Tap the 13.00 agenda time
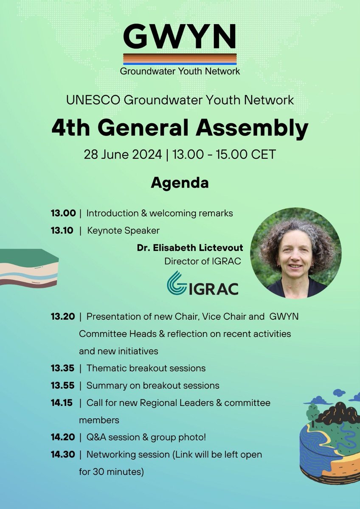click(63, 213)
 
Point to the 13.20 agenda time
click(63, 316)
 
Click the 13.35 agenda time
click(63, 368)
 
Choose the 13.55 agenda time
click(63, 386)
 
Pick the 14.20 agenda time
click(63, 437)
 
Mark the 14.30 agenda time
click(63, 455)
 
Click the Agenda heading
click(180, 183)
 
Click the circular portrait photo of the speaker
click(295, 253)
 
